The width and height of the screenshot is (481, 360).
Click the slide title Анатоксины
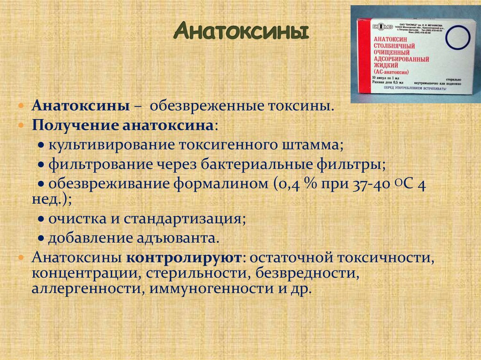242,31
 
